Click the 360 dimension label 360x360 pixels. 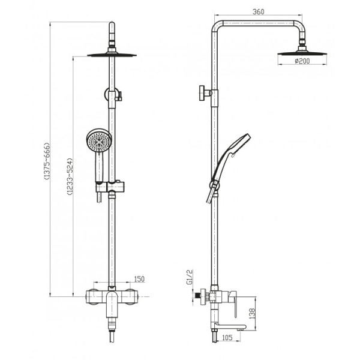tap(258, 12)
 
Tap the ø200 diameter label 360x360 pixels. tap(302, 61)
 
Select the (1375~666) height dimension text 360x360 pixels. tap(47, 161)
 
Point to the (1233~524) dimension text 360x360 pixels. tap(70, 176)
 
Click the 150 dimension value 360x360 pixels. tap(139, 279)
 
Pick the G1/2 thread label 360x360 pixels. tap(190, 277)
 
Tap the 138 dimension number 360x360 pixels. tap(252, 313)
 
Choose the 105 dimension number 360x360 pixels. tap(227, 337)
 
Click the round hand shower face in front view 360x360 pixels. tap(99, 140)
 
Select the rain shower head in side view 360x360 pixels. tap(302, 52)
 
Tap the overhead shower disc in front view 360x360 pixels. tap(112, 55)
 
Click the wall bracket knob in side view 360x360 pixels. tap(202, 93)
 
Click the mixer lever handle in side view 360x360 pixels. tap(234, 304)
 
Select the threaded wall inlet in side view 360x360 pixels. tap(197, 297)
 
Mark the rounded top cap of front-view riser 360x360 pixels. tap(112, 25)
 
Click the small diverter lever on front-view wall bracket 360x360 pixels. tap(119, 97)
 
